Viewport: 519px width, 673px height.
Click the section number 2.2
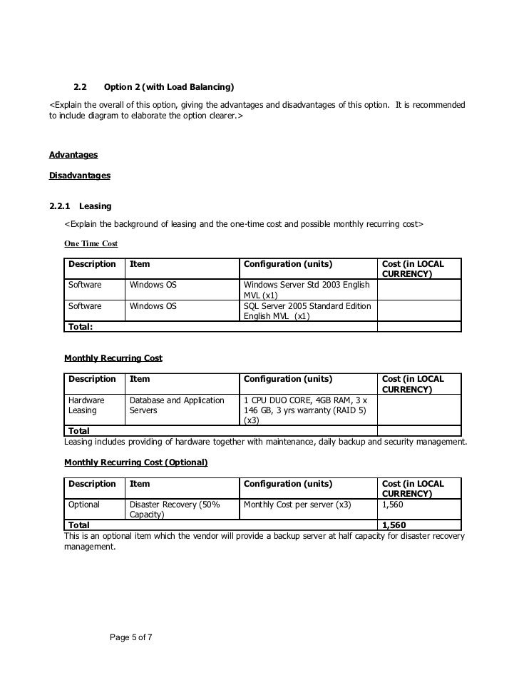[81, 88]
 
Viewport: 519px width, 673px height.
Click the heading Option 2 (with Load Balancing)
[169, 88]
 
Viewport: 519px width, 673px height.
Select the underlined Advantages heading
[73, 155]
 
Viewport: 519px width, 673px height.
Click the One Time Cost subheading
[91, 243]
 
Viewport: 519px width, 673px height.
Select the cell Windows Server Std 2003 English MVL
[307, 290]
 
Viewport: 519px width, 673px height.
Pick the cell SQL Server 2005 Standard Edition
[307, 310]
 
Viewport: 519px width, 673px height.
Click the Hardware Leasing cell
[86, 405]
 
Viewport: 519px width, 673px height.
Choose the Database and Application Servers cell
[177, 405]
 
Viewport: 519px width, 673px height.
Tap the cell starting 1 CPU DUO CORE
[307, 410]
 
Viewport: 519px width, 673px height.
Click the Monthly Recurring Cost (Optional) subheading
[135, 462]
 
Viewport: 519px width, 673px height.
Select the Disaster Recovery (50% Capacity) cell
[175, 509]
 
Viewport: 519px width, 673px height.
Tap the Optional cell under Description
[83, 504]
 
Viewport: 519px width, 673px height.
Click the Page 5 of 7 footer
[132, 637]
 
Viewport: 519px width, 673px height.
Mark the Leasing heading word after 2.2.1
[96, 206]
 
